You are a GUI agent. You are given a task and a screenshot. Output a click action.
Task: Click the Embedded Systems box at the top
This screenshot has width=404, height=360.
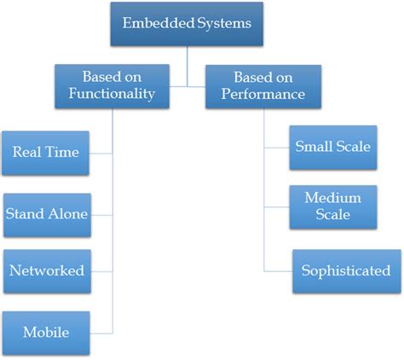coord(187,24)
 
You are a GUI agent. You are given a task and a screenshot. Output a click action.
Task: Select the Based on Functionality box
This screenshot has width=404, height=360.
coord(112,85)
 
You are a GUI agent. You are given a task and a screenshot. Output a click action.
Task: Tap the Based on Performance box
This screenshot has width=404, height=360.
coord(264,85)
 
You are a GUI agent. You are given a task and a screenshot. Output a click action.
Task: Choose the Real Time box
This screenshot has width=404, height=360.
coord(45,153)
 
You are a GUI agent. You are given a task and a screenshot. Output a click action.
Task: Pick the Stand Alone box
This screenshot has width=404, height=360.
coord(46,212)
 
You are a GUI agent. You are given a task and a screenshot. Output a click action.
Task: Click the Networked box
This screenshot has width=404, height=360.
coord(46,271)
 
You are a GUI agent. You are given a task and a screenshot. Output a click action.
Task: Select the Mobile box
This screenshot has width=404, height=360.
coord(46,332)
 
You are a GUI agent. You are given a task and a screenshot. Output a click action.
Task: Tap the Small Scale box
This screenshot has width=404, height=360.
coord(332,147)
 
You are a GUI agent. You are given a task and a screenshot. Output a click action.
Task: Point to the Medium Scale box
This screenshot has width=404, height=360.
coord(332,206)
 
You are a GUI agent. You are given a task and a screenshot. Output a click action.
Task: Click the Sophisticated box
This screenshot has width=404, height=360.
coord(345,271)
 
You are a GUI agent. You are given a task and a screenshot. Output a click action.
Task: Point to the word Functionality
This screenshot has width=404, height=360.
coord(112,94)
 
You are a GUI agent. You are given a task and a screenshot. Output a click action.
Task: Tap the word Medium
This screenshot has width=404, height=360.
coord(332,198)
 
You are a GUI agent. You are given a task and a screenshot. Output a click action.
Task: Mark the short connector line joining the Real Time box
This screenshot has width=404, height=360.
coord(101,154)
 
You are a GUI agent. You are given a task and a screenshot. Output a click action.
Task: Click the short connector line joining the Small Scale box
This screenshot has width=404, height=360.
coord(275,147)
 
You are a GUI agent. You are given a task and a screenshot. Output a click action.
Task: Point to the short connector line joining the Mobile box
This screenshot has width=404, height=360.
coord(101,332)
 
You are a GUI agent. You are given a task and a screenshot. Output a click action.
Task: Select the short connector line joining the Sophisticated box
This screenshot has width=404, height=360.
coord(278,271)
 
